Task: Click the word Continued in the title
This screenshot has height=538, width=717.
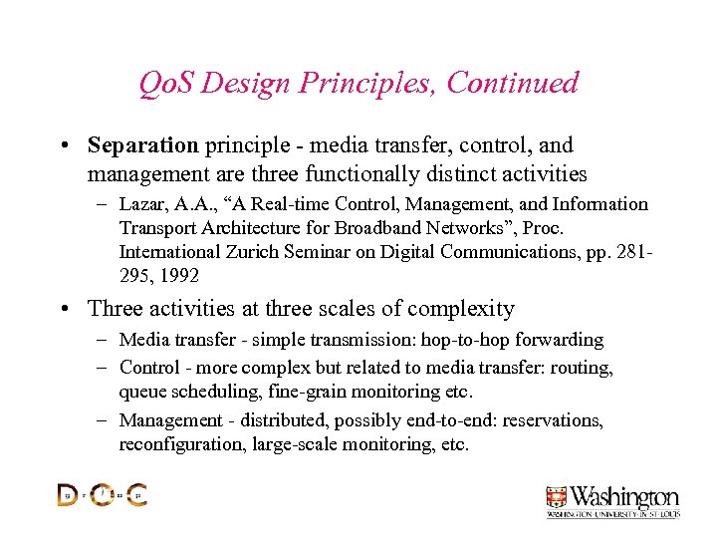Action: pyautogui.click(x=512, y=83)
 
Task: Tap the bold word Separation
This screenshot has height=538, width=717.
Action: pyautogui.click(x=143, y=145)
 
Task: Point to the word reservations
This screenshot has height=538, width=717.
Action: pyautogui.click(x=552, y=420)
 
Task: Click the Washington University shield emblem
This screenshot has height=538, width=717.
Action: pyautogui.click(x=557, y=496)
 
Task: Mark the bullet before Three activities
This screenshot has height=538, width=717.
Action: pyautogui.click(x=63, y=309)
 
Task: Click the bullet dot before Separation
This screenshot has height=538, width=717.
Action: pyautogui.click(x=63, y=145)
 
